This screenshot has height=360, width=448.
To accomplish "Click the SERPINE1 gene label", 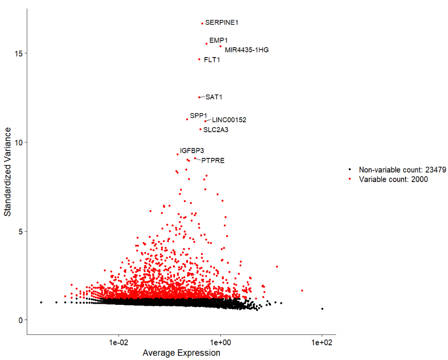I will [x=222, y=22].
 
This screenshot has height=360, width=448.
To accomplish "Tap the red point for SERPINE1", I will [x=202, y=23].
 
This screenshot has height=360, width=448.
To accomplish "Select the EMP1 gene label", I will [x=219, y=40].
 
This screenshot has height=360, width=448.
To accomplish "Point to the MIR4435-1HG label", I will [x=247, y=50].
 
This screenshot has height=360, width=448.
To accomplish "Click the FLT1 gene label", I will [x=212, y=60].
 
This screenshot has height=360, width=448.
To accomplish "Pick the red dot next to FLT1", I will [x=199, y=59].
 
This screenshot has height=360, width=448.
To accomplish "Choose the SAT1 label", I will [x=214, y=97].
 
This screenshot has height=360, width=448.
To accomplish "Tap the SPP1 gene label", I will [x=199, y=116].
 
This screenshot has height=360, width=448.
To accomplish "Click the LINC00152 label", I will [x=229, y=120].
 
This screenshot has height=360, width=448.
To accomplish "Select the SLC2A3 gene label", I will [x=216, y=129].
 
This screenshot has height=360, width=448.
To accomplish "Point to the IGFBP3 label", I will [x=192, y=151].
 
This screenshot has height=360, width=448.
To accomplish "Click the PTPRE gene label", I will [x=213, y=161].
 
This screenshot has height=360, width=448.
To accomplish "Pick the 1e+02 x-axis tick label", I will [x=321, y=342].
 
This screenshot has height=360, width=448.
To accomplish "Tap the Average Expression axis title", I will [x=181, y=353].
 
